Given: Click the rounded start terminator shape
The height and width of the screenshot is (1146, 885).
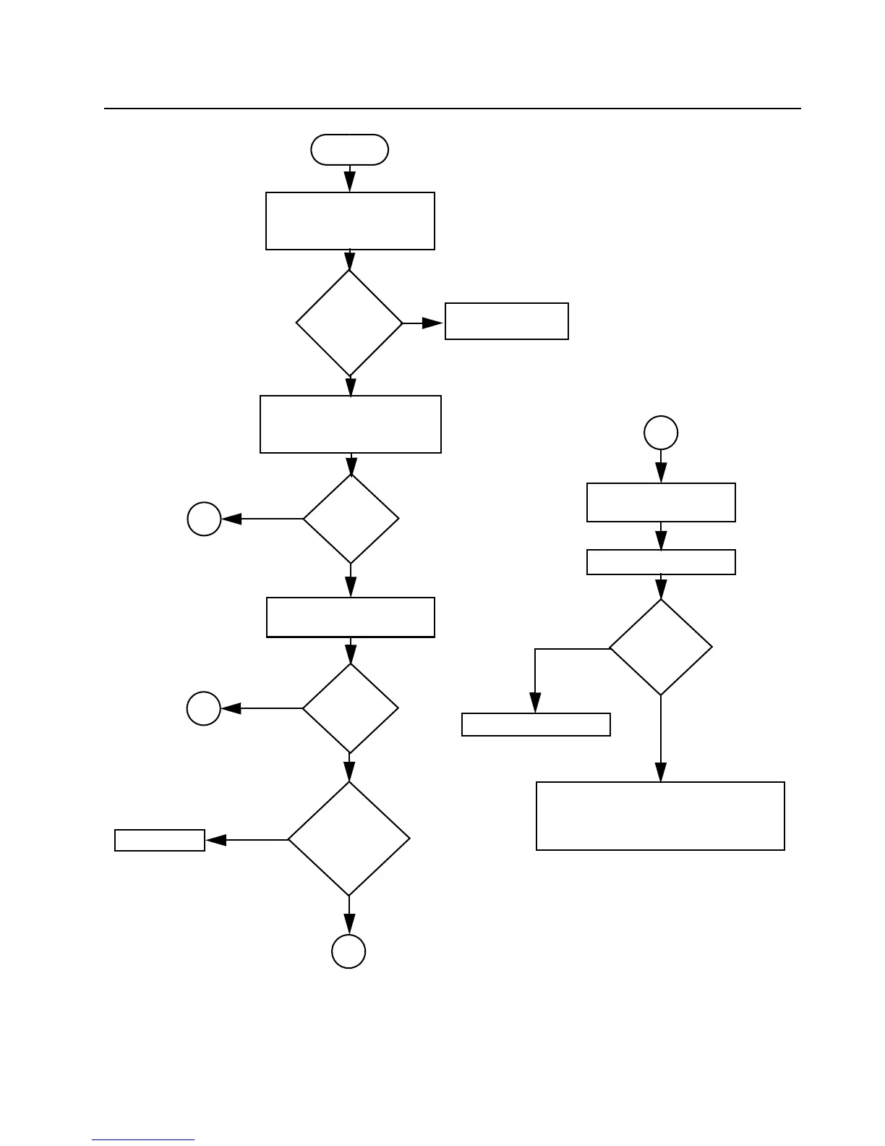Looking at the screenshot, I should pos(349,150).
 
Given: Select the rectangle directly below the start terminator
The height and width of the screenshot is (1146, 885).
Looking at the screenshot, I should pos(350,221).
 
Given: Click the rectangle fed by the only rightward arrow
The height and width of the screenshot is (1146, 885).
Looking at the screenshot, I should pos(506,321).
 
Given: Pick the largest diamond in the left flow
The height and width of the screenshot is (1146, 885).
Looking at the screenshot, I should pos(349,839).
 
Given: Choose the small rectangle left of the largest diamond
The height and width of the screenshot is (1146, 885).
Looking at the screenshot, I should pos(160,840).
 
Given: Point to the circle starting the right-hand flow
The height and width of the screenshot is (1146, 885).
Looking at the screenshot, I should pos(661,433).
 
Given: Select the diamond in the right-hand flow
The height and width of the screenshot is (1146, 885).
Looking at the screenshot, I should pos(661,648).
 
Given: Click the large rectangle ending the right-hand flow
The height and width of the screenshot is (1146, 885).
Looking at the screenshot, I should pos(660,815).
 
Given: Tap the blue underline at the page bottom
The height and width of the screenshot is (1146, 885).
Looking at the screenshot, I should pos(143,1140).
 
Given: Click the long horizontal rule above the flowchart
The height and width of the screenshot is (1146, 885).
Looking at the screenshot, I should pos(453,109).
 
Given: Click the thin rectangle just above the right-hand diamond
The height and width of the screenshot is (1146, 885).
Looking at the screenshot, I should pos(661,562).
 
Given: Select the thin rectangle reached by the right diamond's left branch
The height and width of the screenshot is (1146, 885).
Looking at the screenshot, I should pos(536,724).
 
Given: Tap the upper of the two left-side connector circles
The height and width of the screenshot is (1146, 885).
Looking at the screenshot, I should pos(204,519).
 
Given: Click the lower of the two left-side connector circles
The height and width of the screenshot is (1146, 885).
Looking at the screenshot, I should pos(204,708).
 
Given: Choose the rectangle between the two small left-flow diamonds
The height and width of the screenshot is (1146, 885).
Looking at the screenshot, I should pos(351,617).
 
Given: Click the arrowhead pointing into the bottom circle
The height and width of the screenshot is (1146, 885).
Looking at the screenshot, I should pos(349,925).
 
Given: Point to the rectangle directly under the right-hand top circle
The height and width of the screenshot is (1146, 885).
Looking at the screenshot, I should pos(661,502).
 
